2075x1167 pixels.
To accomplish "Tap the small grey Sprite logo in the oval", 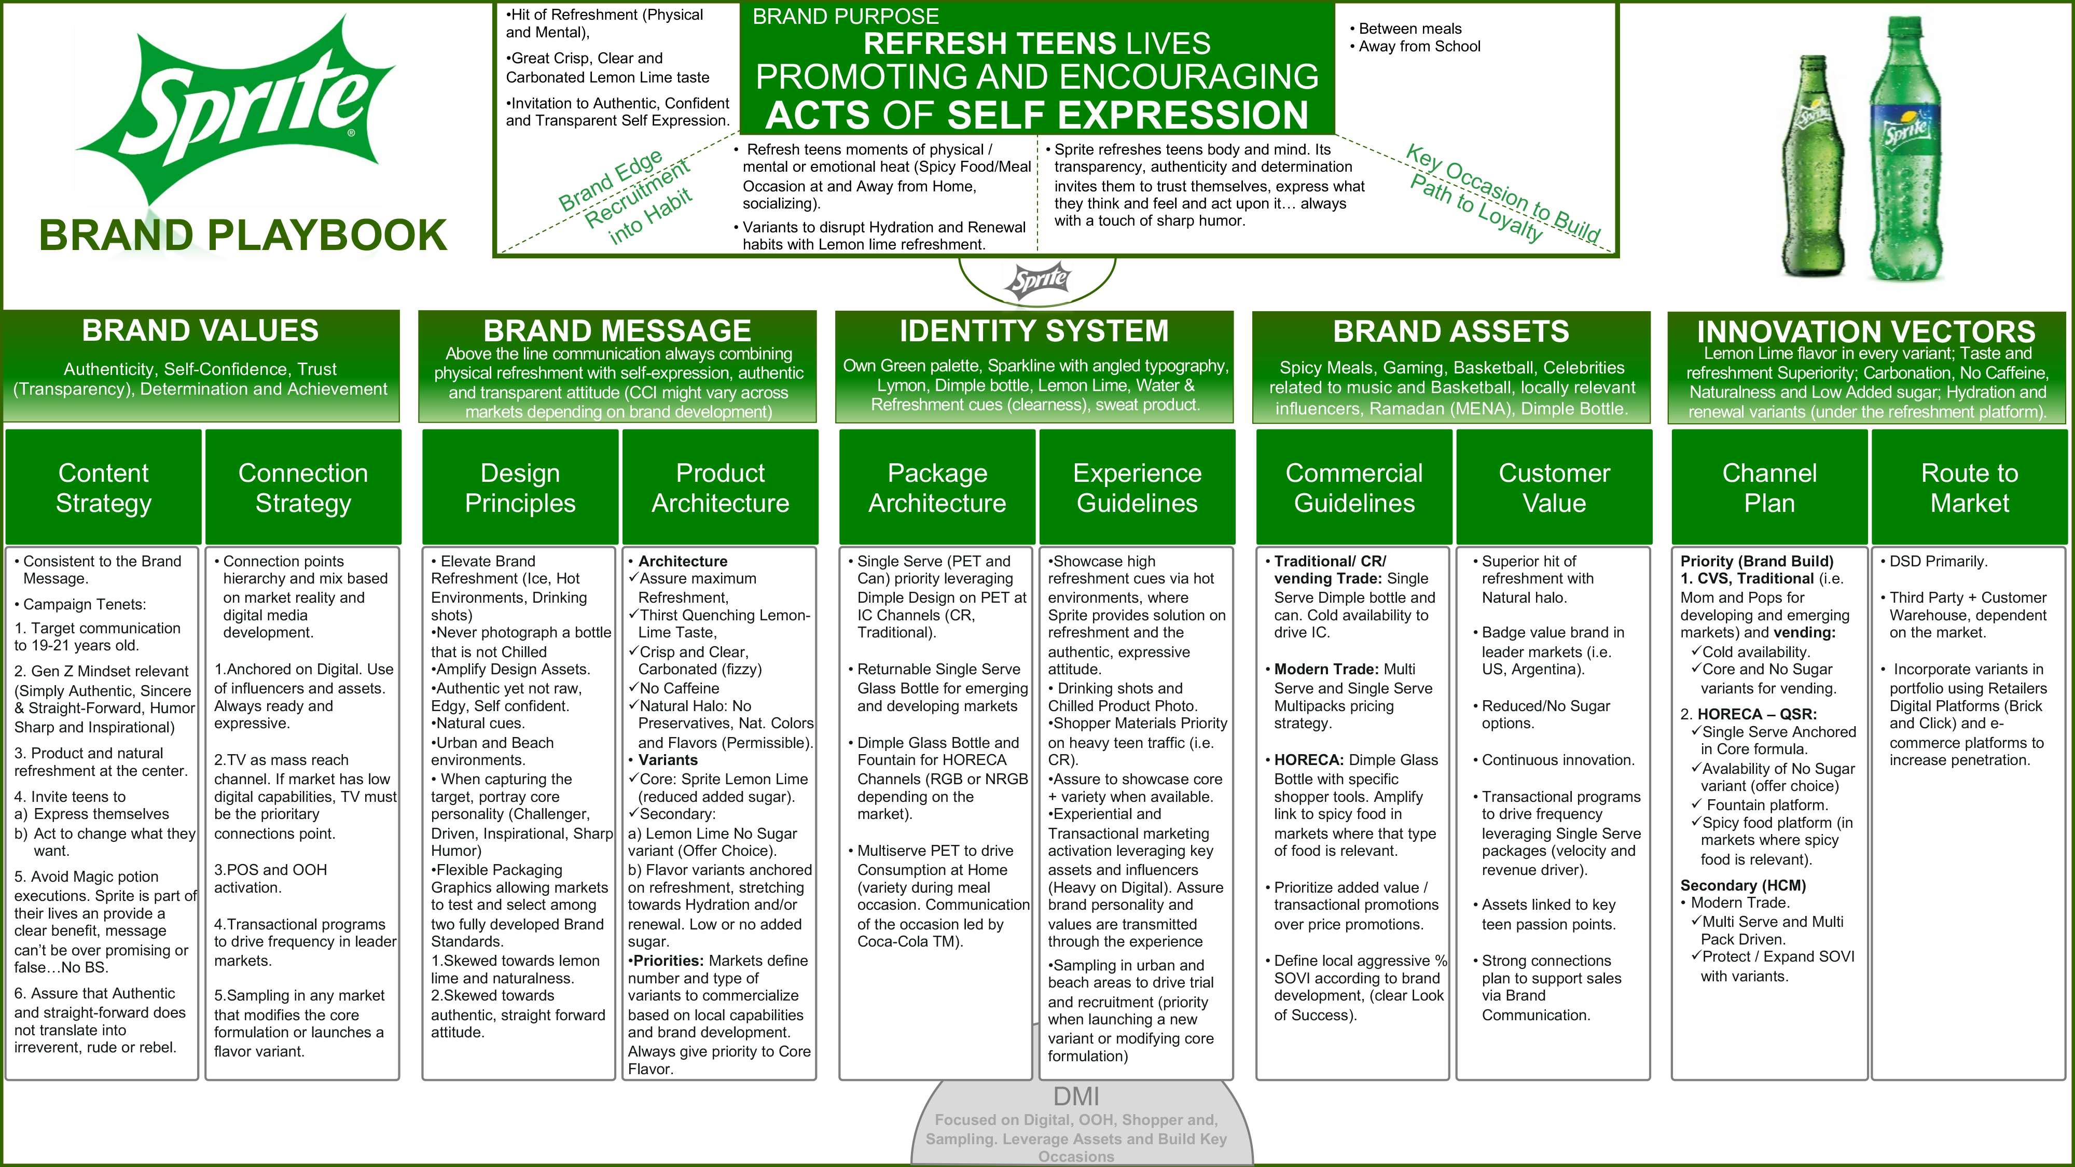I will tap(1037, 280).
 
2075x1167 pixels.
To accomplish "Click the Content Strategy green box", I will tap(103, 487).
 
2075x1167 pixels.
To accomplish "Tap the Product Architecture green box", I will tap(720, 487).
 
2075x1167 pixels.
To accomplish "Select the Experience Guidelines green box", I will tap(1137, 487).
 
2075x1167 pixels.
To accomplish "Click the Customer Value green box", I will tap(1554, 487).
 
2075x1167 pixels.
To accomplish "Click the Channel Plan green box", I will tap(1769, 487).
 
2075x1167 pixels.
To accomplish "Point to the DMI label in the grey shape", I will tap(1076, 1096).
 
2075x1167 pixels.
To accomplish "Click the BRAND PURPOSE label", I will tap(845, 16).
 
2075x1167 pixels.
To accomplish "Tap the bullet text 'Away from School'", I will tap(1419, 47).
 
